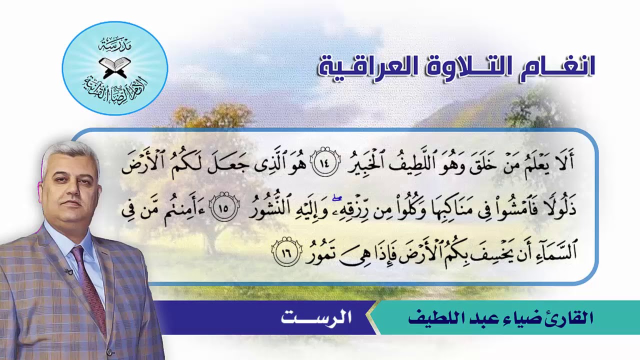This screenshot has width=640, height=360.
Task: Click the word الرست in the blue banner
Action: pyautogui.click(x=316, y=317)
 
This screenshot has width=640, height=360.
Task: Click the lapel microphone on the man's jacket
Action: pyautogui.click(x=68, y=271)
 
